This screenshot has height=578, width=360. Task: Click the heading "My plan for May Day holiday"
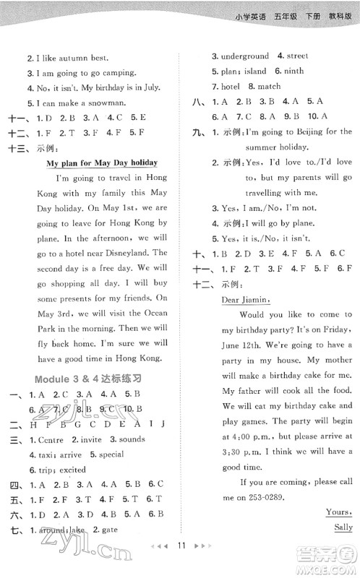click(102, 163)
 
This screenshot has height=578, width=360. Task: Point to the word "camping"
click(119, 72)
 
